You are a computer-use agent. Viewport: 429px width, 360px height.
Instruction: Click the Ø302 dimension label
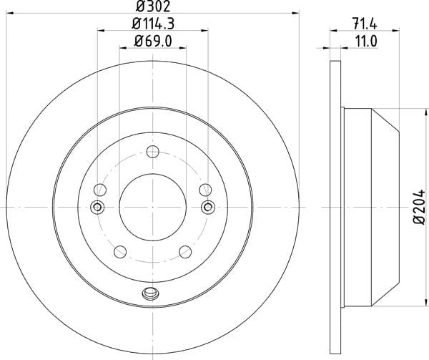click(x=153, y=6)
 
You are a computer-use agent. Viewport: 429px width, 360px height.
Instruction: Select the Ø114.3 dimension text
click(x=153, y=24)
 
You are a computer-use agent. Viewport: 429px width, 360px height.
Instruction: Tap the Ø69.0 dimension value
click(x=153, y=42)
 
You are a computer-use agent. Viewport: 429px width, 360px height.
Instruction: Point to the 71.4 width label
click(x=365, y=24)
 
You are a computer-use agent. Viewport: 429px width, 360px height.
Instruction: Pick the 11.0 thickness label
click(x=366, y=42)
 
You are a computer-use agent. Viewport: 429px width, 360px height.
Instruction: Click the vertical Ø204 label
click(x=419, y=207)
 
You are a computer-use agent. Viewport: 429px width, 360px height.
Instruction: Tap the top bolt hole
click(x=153, y=152)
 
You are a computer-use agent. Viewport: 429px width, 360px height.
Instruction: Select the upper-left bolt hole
click(x=100, y=190)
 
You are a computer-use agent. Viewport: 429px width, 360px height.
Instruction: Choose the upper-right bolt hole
click(x=205, y=190)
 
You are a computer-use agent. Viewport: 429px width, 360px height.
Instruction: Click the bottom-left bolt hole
click(x=120, y=252)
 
